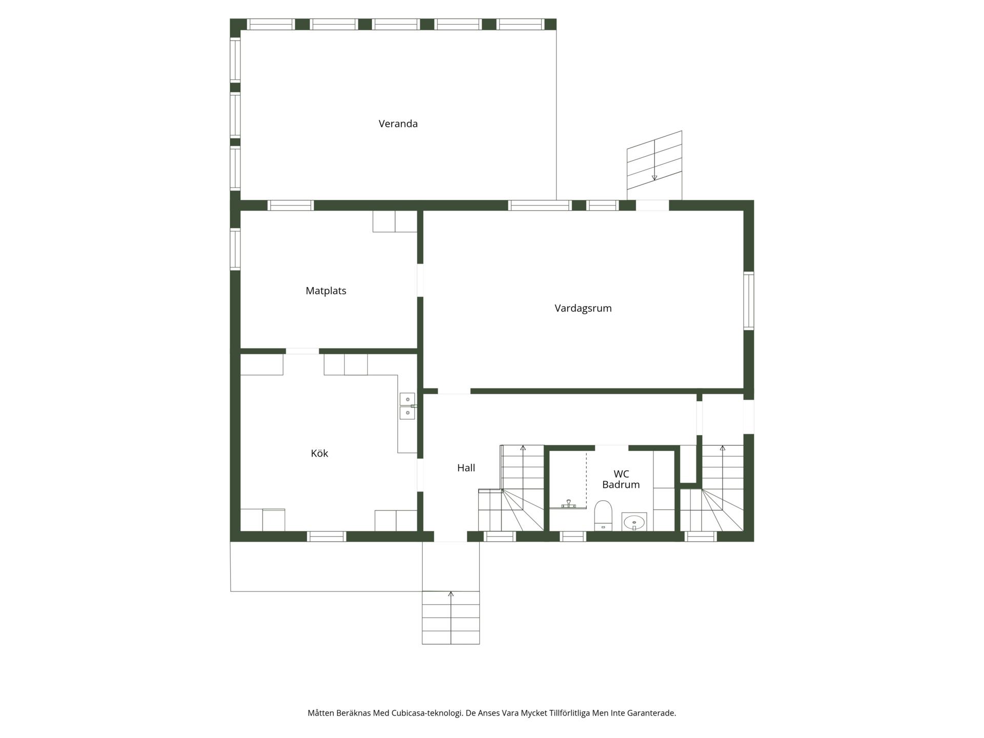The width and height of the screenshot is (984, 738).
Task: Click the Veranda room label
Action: click(398, 124)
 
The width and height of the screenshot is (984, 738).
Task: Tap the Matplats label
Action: click(326, 291)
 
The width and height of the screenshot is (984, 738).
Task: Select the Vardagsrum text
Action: click(583, 309)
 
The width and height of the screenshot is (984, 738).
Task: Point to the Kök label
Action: click(319, 453)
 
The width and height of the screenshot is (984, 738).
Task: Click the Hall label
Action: click(466, 467)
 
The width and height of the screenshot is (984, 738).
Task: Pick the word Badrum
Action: click(621, 485)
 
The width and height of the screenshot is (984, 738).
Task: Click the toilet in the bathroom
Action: click(603, 515)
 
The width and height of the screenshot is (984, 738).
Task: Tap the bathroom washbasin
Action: click(634, 522)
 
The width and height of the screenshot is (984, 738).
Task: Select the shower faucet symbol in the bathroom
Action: click(568, 503)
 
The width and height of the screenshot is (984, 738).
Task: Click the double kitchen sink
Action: click(407, 406)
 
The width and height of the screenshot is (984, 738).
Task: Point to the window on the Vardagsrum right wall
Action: click(749, 301)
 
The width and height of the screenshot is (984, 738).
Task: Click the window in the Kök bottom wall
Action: click(326, 537)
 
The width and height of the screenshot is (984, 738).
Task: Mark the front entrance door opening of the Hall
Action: click(450, 537)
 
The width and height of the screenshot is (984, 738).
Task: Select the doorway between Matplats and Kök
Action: click(302, 351)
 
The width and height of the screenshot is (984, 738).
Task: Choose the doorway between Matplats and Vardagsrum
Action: click(420, 280)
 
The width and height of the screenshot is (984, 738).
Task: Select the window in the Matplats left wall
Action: click(235, 249)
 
